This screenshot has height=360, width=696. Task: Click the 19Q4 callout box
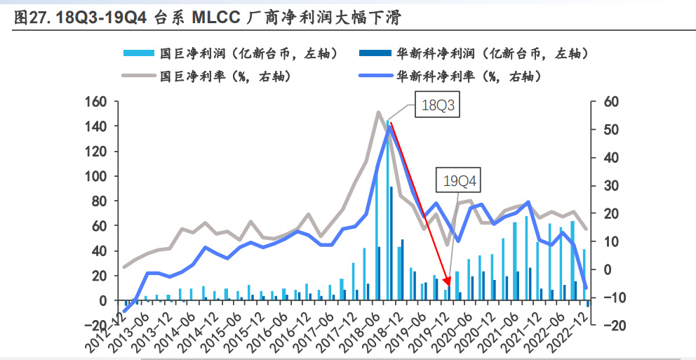(460, 181)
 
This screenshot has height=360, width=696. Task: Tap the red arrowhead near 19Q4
(448, 285)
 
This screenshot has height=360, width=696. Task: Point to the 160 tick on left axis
(95, 102)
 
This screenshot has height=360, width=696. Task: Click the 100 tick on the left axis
(95, 176)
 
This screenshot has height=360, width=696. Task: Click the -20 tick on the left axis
(95, 326)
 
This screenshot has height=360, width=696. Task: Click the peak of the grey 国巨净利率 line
(379, 112)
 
